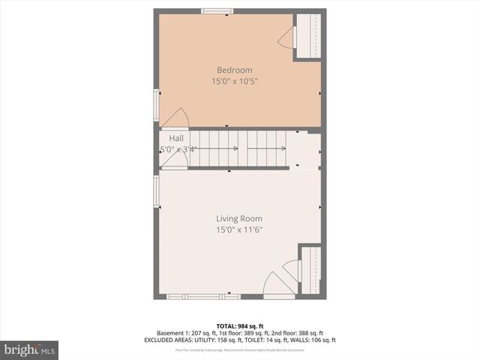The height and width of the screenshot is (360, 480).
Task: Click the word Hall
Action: pyautogui.click(x=176, y=139)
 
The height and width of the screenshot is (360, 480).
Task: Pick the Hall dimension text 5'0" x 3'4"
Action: pyautogui.click(x=178, y=150)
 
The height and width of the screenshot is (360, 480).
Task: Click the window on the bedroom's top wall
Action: pyautogui.click(x=217, y=10)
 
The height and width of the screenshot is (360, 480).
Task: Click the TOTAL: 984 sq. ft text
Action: pyautogui.click(x=240, y=325)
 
